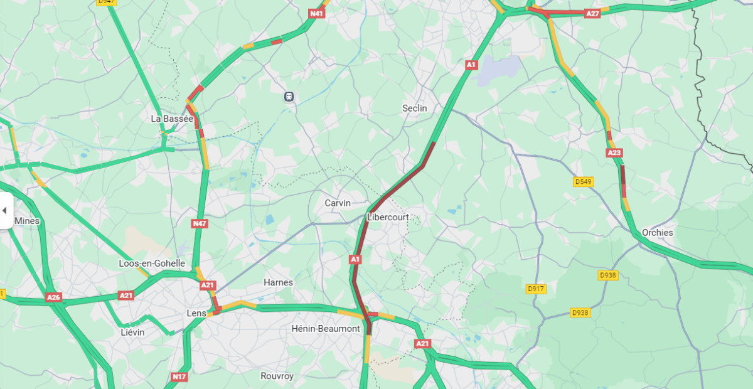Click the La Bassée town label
point(172,119)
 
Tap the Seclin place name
point(414,108)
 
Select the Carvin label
point(338,203)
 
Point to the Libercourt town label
point(388,217)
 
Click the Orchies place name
point(657,232)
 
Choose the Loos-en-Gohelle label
point(152,264)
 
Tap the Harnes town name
point(278,282)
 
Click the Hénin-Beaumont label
point(326,328)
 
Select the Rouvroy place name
point(277,376)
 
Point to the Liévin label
point(132,332)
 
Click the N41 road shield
point(317,13)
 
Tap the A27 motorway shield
point(592,13)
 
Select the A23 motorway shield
point(614,152)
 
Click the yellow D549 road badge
point(584,182)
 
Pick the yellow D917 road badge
point(536,289)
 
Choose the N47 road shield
point(200,223)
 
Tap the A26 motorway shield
point(53,297)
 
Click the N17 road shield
point(179,377)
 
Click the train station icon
point(289,97)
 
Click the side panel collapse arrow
point(5,210)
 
